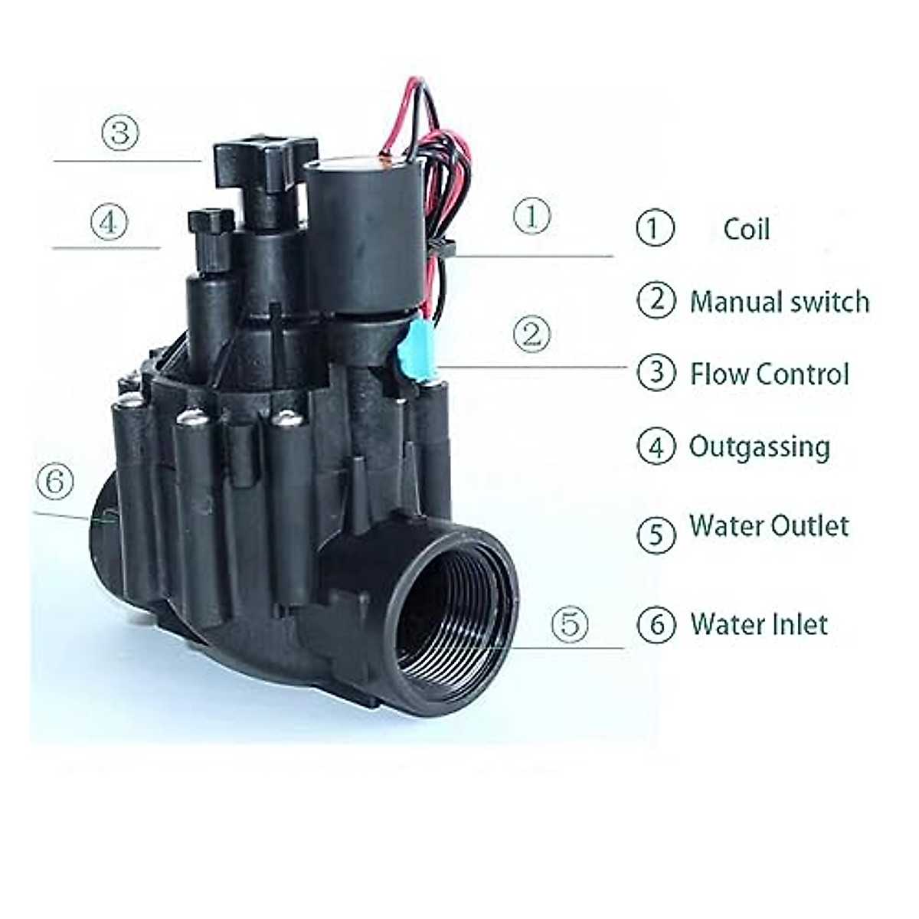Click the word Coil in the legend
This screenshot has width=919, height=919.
[746, 229]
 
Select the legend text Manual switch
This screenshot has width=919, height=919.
[779, 302]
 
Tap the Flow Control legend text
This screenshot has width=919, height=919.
[769, 374]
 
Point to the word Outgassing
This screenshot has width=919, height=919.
[759, 446]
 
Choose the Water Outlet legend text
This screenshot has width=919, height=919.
[768, 526]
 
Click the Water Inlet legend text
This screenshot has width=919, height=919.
[758, 624]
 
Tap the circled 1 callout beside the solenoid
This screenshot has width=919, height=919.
[531, 217]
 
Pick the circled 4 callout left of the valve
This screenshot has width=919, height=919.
[108, 223]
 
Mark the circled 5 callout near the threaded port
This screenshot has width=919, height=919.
[571, 623]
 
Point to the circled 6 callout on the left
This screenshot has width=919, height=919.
[55, 482]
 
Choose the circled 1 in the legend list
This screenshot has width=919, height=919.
[655, 229]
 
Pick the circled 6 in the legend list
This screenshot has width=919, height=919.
[656, 625]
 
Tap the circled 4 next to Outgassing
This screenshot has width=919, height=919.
[656, 446]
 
